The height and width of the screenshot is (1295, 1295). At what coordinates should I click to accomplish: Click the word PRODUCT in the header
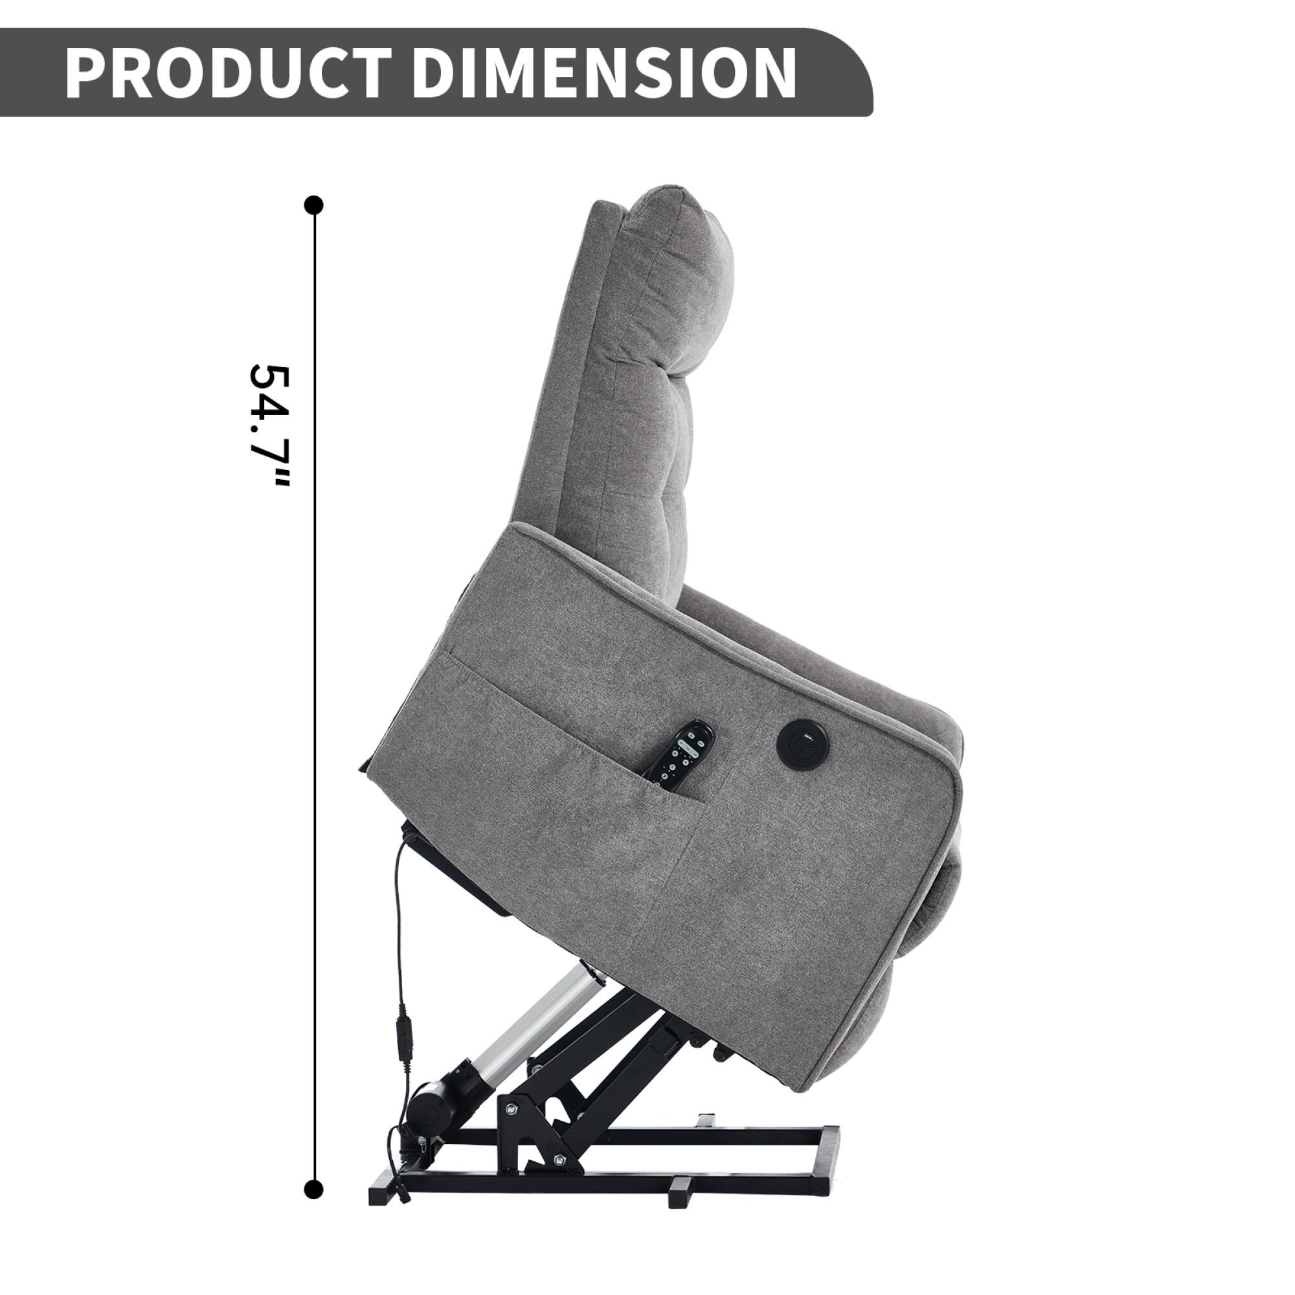click(x=228, y=74)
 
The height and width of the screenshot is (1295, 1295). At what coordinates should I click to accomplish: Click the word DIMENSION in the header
click(x=603, y=74)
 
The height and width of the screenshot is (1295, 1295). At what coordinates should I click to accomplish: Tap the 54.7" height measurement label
click(x=269, y=427)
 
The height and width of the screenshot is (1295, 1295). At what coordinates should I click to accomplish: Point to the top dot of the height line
click(x=313, y=205)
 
